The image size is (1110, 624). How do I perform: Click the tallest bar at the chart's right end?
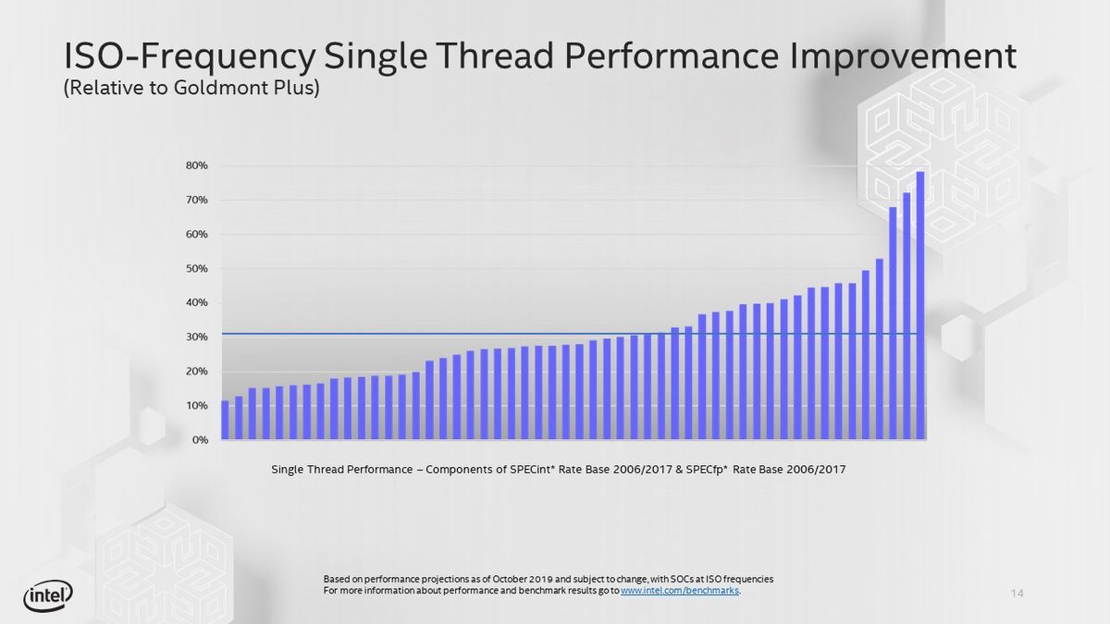pos(920,305)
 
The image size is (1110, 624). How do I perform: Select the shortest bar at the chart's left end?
pos(225,420)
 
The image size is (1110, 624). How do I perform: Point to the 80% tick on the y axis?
pos(195,165)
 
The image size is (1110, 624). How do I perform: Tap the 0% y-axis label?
pos(198,440)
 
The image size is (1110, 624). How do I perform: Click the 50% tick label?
pos(195,269)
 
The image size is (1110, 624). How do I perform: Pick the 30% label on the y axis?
pos(195,337)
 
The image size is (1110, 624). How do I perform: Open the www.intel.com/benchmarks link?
pos(680,591)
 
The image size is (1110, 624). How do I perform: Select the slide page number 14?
pos(1017,593)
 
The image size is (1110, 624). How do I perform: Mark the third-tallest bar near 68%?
pos(893,324)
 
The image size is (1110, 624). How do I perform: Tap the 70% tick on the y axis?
pos(195,200)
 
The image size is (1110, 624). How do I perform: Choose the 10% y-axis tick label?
pos(195,406)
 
